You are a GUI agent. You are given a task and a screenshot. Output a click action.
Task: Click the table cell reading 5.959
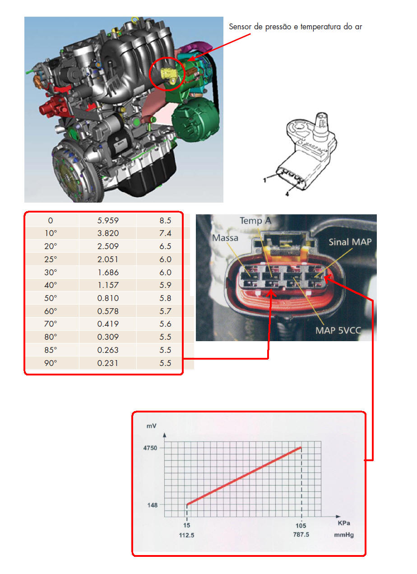pos(108,220)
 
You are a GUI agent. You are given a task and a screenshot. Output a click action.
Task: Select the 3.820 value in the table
pos(108,233)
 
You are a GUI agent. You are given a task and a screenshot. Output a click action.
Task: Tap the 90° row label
pos(51,363)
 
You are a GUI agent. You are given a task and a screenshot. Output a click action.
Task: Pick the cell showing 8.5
pos(165,220)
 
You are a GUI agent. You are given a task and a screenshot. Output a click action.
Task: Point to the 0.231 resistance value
pos(108,363)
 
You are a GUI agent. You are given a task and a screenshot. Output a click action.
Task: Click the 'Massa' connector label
pos(225,238)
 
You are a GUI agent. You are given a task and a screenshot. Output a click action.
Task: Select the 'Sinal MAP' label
pos(350,242)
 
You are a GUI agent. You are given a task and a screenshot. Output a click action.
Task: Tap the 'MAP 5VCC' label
pos(338,331)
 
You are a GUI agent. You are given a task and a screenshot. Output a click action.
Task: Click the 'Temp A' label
pos(255,221)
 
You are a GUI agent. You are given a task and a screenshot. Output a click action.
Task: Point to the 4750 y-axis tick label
pos(150,448)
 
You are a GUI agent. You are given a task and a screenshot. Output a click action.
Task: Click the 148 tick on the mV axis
pos(153,505)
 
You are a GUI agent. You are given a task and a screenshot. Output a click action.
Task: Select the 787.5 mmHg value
pos(301,535)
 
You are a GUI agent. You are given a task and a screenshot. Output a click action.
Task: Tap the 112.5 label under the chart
pos(186,535)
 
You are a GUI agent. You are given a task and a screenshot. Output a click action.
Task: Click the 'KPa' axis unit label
pos(344,523)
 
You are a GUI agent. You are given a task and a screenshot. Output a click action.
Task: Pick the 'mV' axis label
pos(151,426)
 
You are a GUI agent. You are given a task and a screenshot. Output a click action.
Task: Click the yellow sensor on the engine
pos(169,74)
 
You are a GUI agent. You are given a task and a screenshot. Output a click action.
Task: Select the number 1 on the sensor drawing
pos(265,181)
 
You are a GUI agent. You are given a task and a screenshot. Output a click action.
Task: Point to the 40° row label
pos(51,285)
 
